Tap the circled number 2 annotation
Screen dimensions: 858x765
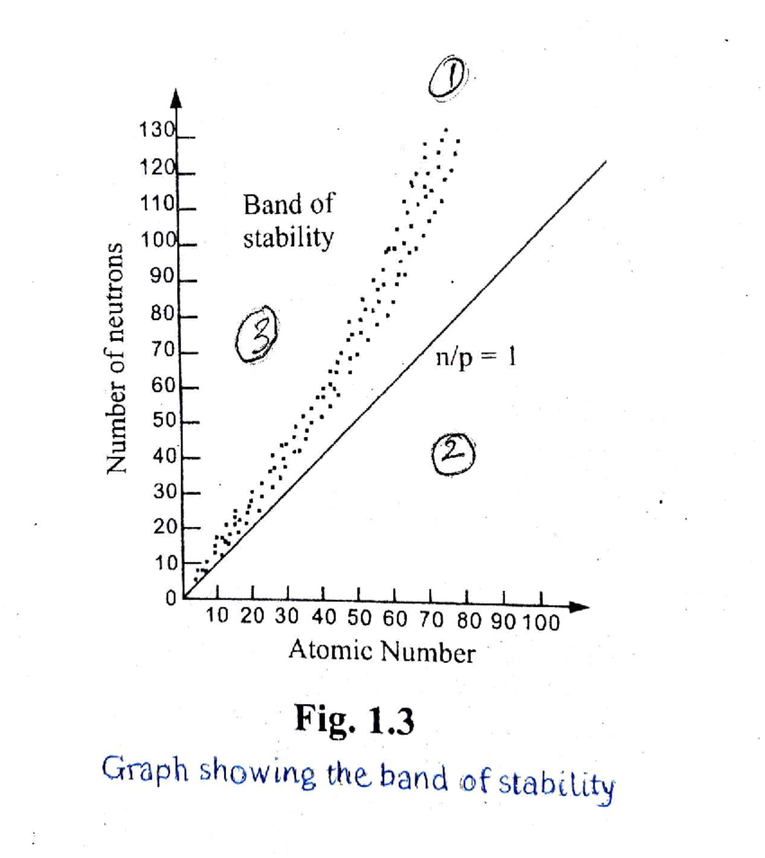click(x=453, y=454)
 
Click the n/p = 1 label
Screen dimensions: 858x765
click(x=476, y=358)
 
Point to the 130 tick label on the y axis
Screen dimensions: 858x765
click(x=157, y=130)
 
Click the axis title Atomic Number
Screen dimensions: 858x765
click(x=382, y=652)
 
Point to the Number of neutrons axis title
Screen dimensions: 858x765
click(x=115, y=358)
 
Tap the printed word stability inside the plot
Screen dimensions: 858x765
click(x=288, y=238)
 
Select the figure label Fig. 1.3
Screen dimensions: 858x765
click(x=354, y=720)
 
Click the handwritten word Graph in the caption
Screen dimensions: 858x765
click(x=145, y=769)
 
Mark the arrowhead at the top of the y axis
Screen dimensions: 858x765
click(x=176, y=99)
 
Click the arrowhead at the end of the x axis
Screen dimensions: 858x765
click(x=579, y=606)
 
